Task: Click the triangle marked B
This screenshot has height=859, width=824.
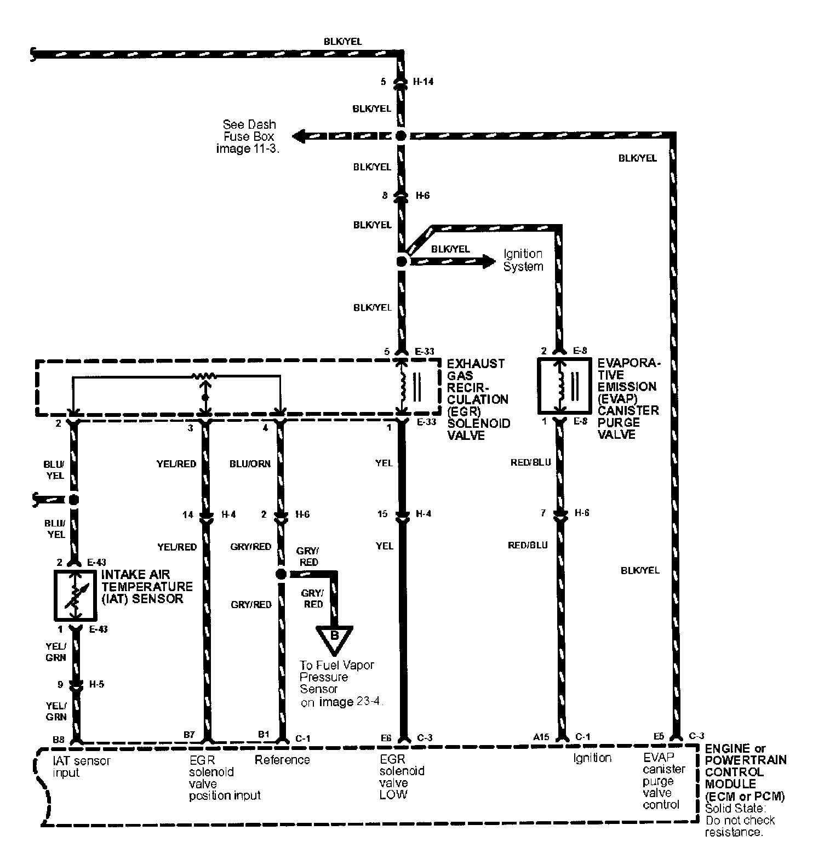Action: point(334,637)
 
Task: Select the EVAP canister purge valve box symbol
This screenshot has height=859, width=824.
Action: point(563,386)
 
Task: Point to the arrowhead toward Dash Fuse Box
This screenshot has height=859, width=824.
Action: point(300,136)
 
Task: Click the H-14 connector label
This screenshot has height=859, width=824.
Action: point(423,82)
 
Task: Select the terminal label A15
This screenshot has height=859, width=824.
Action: point(540,738)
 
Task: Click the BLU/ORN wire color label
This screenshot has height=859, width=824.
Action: point(250,463)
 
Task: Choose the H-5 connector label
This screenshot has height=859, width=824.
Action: point(97,684)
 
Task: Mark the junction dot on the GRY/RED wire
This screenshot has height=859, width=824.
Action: point(281,574)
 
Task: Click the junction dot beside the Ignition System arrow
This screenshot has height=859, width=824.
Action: point(402,261)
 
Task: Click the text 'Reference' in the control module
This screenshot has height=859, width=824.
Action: point(282,760)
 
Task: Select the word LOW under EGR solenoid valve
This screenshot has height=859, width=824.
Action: point(393,794)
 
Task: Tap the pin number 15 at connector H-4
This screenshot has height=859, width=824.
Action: point(382,514)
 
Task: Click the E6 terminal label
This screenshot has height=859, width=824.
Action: point(386,738)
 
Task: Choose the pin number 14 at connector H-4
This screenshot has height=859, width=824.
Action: point(188,515)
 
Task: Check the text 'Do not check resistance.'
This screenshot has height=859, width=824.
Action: point(740,826)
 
